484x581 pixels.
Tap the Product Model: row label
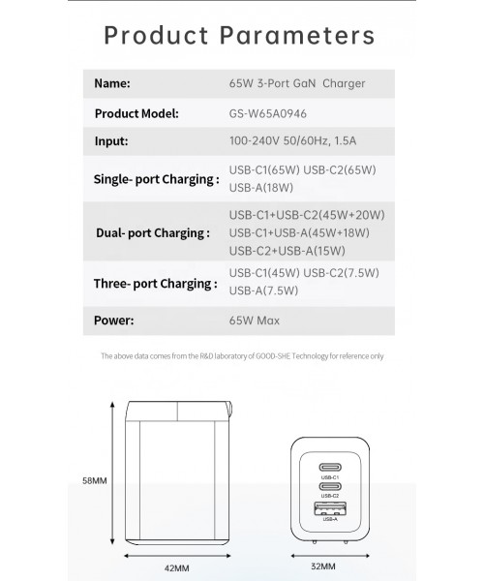click(x=136, y=112)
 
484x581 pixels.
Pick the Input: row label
click(x=111, y=140)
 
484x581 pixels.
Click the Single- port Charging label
click(x=154, y=179)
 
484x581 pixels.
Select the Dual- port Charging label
click(x=153, y=232)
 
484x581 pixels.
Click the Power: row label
click(x=114, y=321)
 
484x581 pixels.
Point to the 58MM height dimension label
click(x=94, y=479)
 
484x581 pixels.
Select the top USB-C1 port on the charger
click(x=330, y=467)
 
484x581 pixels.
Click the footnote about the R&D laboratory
click(x=242, y=356)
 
